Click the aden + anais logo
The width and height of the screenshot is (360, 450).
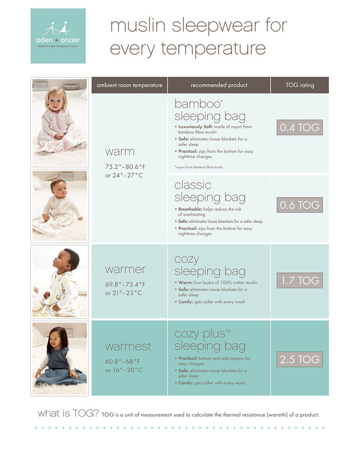point(58,36)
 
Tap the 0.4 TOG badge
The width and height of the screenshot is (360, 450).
point(299,128)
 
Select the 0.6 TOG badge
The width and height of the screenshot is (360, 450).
point(299,205)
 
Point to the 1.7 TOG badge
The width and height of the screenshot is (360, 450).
point(299,281)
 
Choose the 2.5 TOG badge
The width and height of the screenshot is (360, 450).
point(299,360)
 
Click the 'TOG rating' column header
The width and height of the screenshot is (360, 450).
point(300,85)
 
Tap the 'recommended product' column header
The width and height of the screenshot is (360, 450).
point(219,85)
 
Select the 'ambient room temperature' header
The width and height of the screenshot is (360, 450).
point(130,85)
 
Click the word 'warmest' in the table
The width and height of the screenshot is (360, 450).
point(128,347)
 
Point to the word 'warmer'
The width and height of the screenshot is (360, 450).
point(125,270)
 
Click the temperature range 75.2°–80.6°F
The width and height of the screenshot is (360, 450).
point(127,166)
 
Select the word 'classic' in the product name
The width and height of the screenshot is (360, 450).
point(193,185)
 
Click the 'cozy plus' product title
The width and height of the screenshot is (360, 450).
point(199,334)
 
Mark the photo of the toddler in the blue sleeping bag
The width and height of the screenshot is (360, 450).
point(59,358)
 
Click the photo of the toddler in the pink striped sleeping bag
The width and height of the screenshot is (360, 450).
point(59,122)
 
